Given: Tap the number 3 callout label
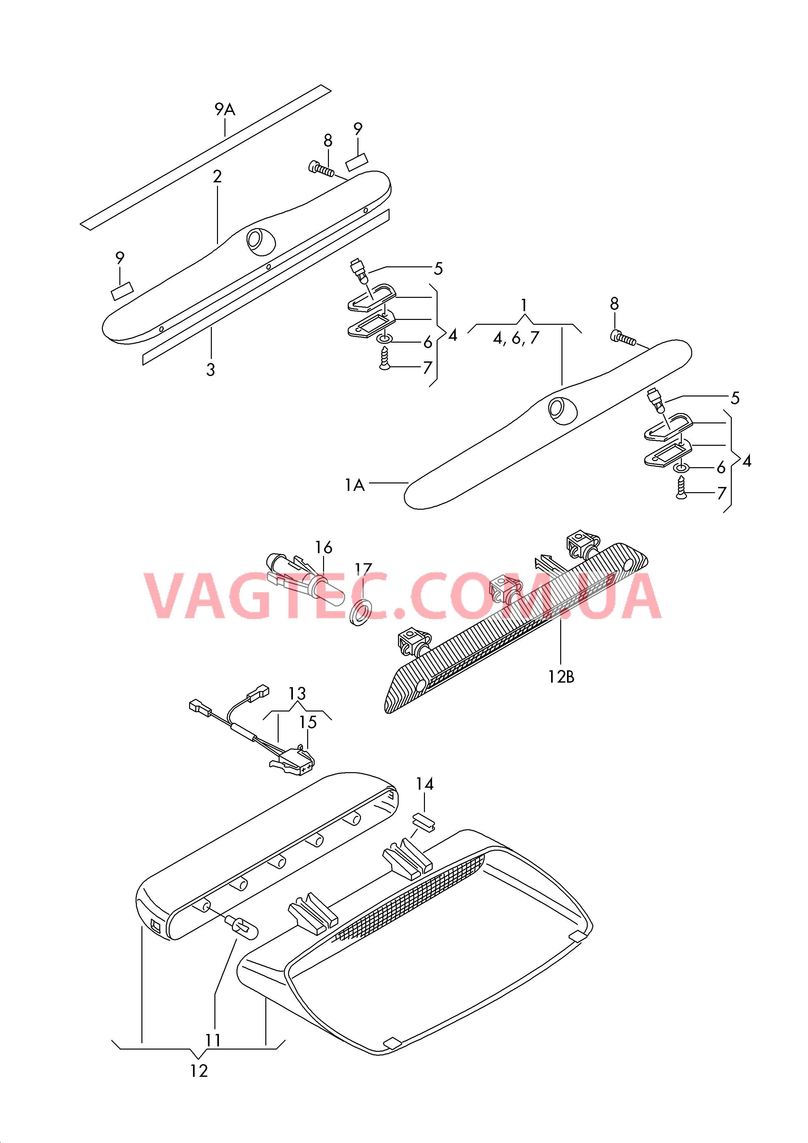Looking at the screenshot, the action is pyautogui.click(x=211, y=370).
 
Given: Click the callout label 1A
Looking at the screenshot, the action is pyautogui.click(x=355, y=485).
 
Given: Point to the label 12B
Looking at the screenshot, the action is pyautogui.click(x=561, y=677).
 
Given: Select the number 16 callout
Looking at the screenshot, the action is pyautogui.click(x=324, y=548).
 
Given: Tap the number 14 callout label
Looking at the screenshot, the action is pyautogui.click(x=425, y=784).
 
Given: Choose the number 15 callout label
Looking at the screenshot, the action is pyautogui.click(x=308, y=722).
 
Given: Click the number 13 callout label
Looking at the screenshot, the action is pyautogui.click(x=297, y=693).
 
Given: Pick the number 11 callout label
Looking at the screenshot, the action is pyautogui.click(x=213, y=1040).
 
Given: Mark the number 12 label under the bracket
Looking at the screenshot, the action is pyautogui.click(x=199, y=1071).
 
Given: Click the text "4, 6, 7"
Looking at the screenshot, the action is pyautogui.click(x=516, y=338).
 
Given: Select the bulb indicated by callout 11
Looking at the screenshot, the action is pyautogui.click(x=242, y=927).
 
